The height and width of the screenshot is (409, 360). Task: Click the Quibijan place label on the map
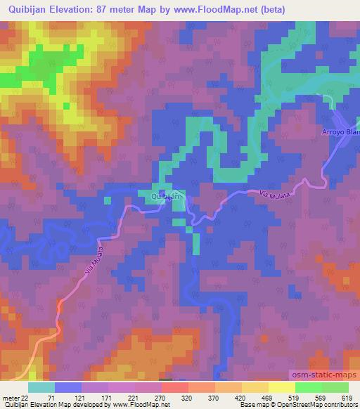167,198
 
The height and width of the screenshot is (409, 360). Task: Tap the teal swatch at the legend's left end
41,387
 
